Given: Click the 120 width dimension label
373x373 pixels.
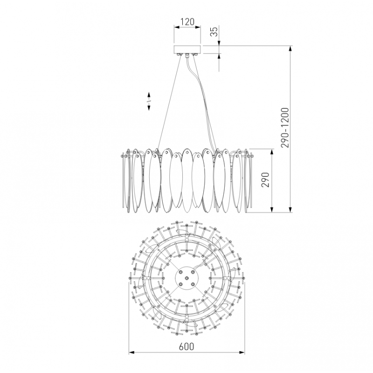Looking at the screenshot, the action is pyautogui.click(x=187, y=21).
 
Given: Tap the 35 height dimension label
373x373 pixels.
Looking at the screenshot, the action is pyautogui.click(x=214, y=32).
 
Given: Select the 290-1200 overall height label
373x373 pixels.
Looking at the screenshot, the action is pyautogui.click(x=285, y=128).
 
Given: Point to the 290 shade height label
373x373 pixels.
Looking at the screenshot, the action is pyautogui.click(x=265, y=180).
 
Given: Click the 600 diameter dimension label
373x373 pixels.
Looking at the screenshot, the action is pyautogui.click(x=186, y=346).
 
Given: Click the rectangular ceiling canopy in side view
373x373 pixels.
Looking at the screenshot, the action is pyautogui.click(x=187, y=50).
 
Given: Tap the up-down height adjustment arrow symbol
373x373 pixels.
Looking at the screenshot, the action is pyautogui.click(x=149, y=101).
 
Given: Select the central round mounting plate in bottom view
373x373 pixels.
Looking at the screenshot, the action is pyautogui.click(x=186, y=278).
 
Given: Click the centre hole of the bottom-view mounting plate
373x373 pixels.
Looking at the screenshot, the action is pyautogui.click(x=186, y=278).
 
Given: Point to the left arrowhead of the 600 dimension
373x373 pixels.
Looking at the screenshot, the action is pyautogui.click(x=131, y=352).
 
